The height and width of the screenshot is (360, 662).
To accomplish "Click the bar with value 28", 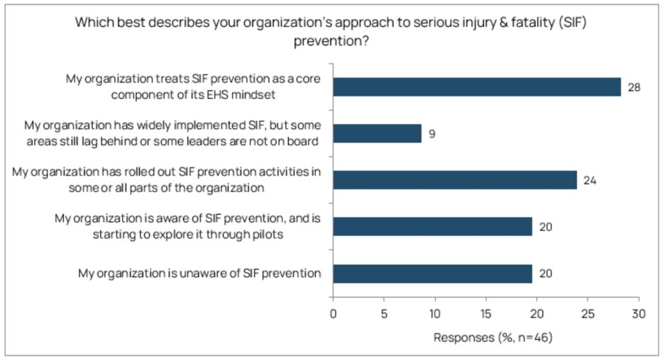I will [x=476, y=87].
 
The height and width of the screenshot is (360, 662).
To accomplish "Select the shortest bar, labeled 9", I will [x=377, y=133].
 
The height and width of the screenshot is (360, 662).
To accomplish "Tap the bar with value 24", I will [x=454, y=180].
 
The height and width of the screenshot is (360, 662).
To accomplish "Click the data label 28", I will [x=634, y=87].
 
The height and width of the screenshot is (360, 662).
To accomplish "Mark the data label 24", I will [x=590, y=180].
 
